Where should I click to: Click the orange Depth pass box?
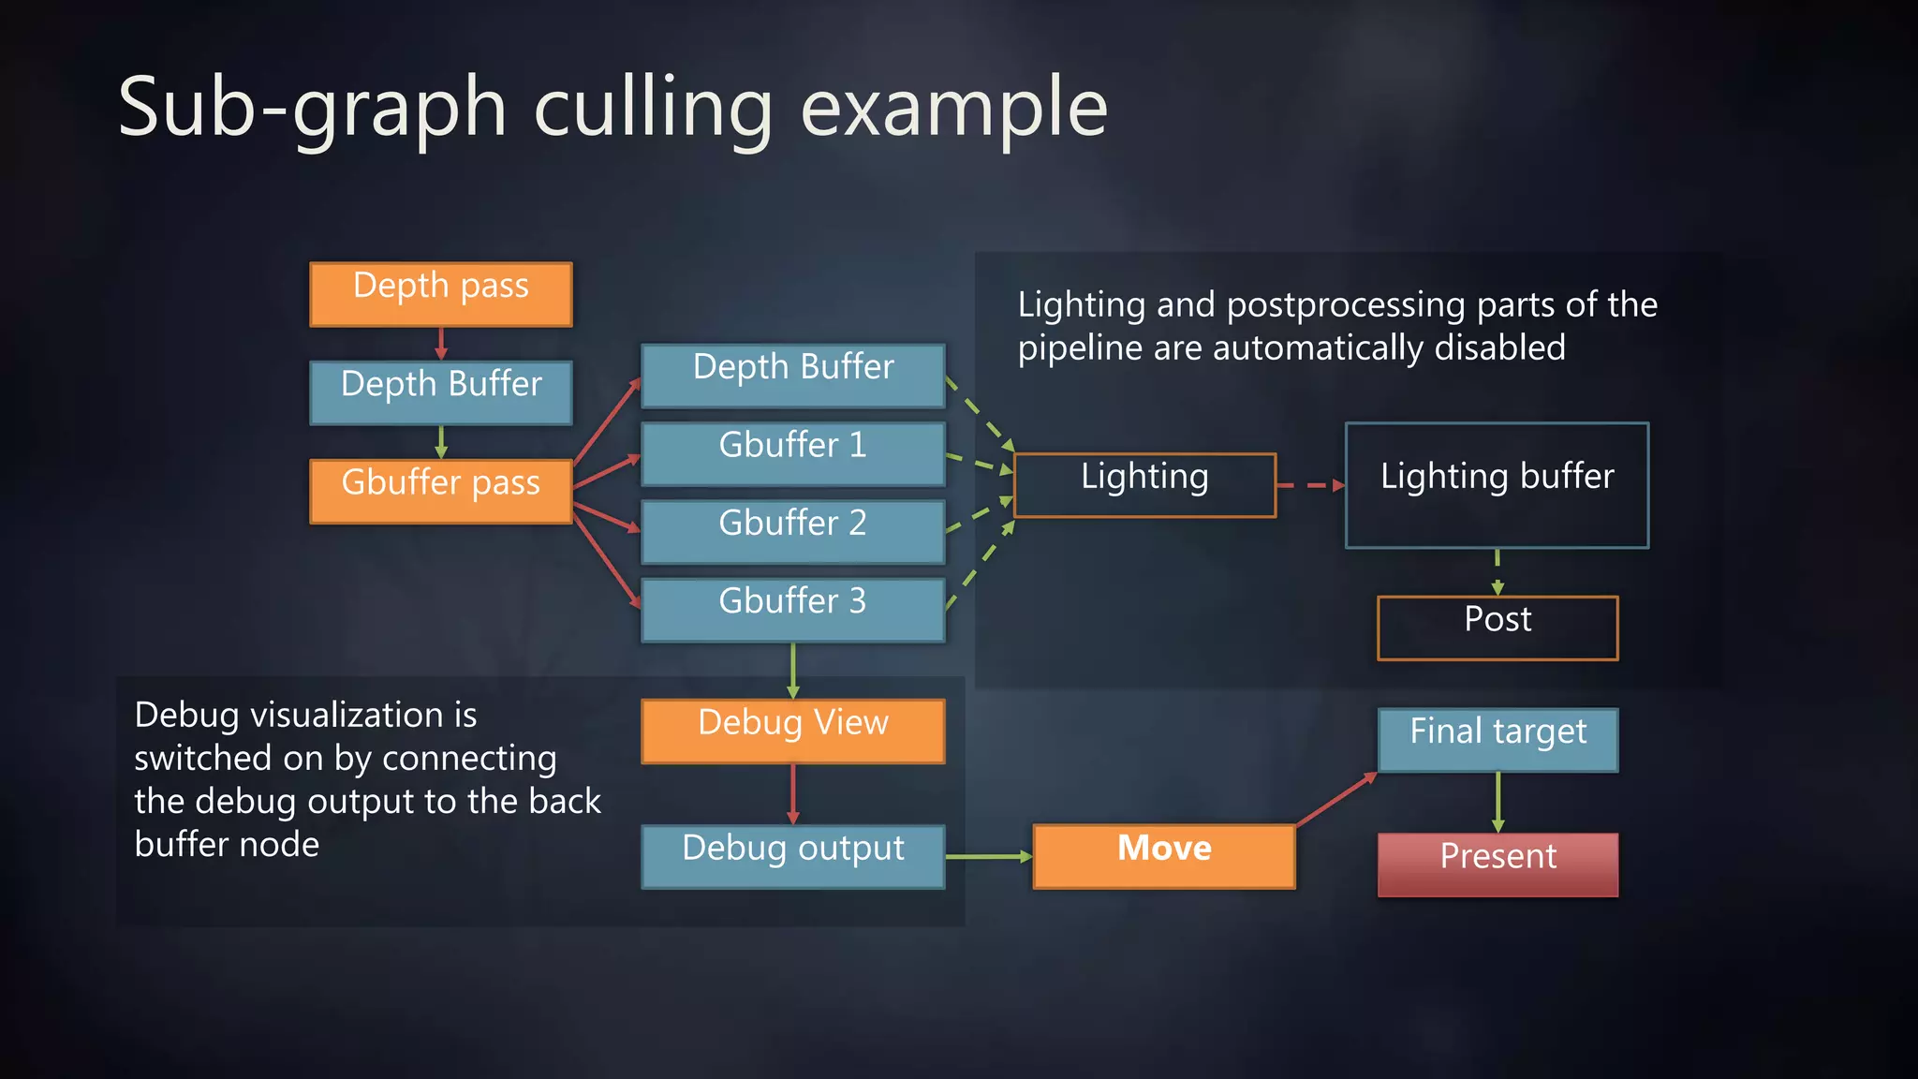click(x=440, y=294)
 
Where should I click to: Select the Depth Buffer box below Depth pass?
click(x=440, y=392)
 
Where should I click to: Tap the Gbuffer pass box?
click(x=440, y=491)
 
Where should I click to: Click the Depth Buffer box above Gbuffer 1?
click(x=792, y=376)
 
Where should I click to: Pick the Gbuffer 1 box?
click(x=792, y=453)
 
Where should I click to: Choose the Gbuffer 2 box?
click(x=792, y=531)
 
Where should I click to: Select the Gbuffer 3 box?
click(x=792, y=610)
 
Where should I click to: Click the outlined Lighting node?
click(x=1144, y=485)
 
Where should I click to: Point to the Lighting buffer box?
click(x=1497, y=485)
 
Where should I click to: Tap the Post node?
click(x=1497, y=628)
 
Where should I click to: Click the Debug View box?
click(x=792, y=731)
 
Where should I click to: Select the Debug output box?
click(x=792, y=856)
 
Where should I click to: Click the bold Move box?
click(x=1164, y=856)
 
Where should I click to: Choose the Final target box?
click(x=1497, y=740)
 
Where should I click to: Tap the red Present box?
click(x=1497, y=865)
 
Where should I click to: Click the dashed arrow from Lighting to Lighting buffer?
click(x=1310, y=485)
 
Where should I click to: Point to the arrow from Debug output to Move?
click(x=988, y=856)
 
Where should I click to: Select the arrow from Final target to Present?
click(x=1498, y=802)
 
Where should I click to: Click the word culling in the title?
click(x=653, y=109)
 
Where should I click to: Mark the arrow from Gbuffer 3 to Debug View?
click(x=793, y=670)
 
